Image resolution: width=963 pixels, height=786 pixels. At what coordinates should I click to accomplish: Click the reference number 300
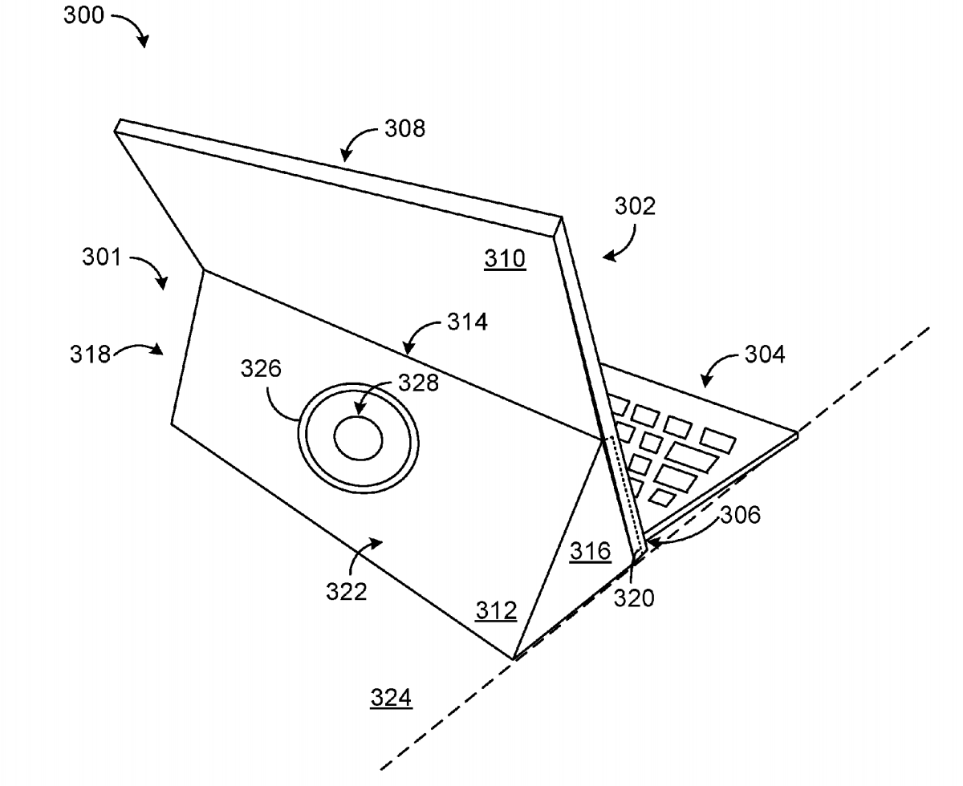(84, 15)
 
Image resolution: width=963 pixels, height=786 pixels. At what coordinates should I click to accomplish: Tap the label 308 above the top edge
(404, 128)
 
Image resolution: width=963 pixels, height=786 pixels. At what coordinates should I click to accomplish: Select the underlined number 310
(505, 258)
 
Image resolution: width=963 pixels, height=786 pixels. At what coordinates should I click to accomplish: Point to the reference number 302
(636, 207)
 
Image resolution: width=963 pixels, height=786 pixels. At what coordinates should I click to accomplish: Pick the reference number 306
(739, 515)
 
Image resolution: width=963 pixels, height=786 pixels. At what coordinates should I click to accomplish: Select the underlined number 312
(495, 611)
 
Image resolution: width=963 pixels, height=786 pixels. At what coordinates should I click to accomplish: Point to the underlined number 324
(391, 699)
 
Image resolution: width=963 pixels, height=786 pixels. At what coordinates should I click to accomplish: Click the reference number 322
(347, 592)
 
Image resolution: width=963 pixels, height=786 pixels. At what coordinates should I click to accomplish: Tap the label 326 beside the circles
(262, 369)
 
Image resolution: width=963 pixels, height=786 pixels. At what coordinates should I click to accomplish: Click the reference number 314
(467, 322)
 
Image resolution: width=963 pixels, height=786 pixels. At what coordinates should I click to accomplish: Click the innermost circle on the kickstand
(358, 439)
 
